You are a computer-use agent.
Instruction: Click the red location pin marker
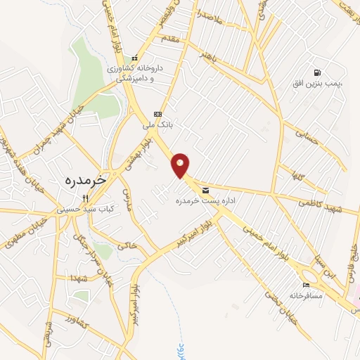pos(181,165)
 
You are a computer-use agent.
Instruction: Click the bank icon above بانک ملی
pos(157,114)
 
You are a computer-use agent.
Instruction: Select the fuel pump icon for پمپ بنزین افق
pos(319,72)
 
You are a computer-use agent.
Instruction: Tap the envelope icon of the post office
pos(205,190)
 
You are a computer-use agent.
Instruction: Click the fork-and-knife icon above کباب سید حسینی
pos(85,198)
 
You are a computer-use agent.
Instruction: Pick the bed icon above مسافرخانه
pos(305,285)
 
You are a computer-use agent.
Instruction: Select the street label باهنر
pos(212,53)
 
